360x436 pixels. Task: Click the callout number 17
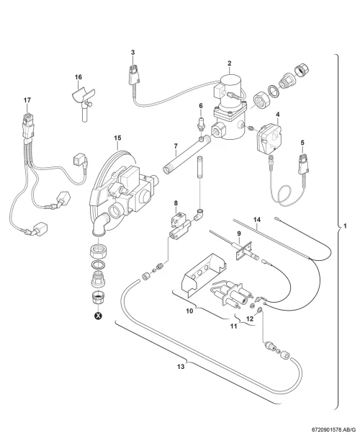27,100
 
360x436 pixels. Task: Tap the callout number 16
78,77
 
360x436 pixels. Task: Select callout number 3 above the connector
132,53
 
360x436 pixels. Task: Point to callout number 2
230,63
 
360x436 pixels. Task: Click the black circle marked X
98,316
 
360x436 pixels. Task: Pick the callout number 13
181,367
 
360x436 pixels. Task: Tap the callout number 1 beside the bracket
345,226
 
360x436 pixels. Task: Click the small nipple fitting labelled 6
202,124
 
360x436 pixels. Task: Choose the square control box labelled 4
269,137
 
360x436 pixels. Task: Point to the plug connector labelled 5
303,166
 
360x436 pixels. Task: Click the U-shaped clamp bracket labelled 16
82,97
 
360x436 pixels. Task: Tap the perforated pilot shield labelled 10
204,272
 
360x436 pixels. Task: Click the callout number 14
257,220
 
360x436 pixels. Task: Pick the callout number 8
176,203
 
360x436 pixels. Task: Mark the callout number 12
250,319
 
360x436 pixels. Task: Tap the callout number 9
239,233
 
